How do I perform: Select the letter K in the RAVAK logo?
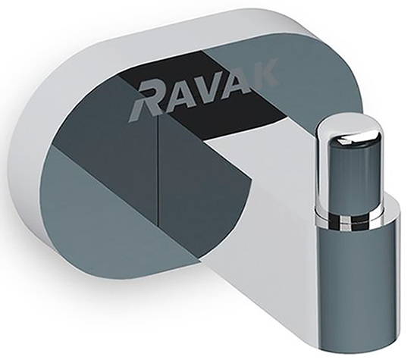262,71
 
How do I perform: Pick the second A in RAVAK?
234,80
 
